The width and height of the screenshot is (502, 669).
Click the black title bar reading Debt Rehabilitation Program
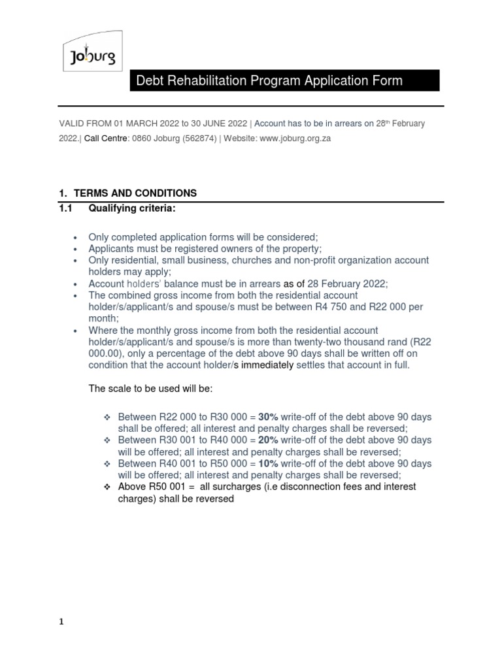pos(284,81)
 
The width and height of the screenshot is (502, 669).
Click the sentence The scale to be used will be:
pos(151,389)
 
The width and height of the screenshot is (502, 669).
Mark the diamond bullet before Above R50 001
pos(109,487)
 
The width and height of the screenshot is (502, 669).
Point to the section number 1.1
pos(67,208)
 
